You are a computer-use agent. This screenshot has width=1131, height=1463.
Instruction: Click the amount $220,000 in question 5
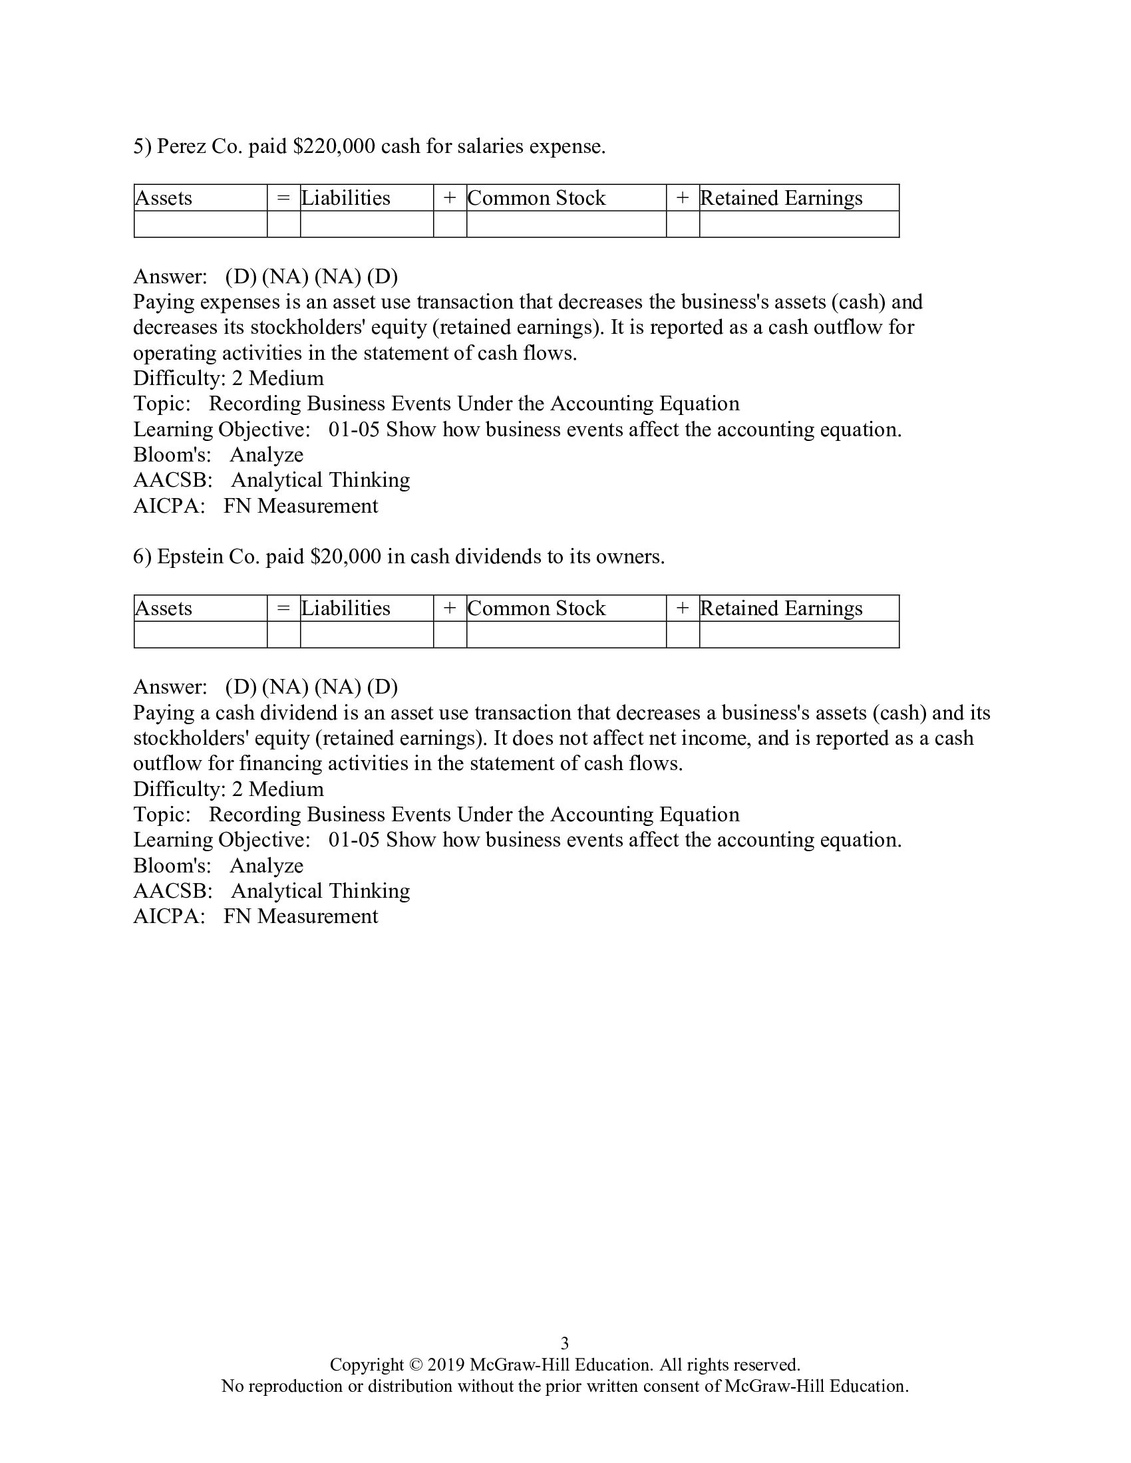click(335, 146)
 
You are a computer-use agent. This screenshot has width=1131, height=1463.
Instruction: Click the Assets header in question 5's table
click(164, 198)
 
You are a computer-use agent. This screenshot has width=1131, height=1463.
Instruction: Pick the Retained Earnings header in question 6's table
click(781, 608)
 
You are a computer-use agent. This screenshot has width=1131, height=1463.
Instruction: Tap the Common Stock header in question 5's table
click(537, 198)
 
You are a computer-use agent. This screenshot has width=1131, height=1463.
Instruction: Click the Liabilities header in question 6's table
click(346, 608)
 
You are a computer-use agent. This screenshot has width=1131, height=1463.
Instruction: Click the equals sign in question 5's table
click(283, 198)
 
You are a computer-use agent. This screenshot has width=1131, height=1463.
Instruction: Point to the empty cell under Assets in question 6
click(200, 634)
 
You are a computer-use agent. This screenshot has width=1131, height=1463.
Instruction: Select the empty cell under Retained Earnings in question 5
click(798, 224)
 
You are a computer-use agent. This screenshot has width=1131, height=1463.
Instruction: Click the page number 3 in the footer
click(565, 1343)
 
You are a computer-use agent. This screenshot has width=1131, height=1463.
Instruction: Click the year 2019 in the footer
click(446, 1365)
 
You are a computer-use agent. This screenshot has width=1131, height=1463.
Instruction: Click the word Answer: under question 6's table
click(170, 687)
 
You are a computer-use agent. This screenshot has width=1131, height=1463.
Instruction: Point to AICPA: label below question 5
click(169, 506)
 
